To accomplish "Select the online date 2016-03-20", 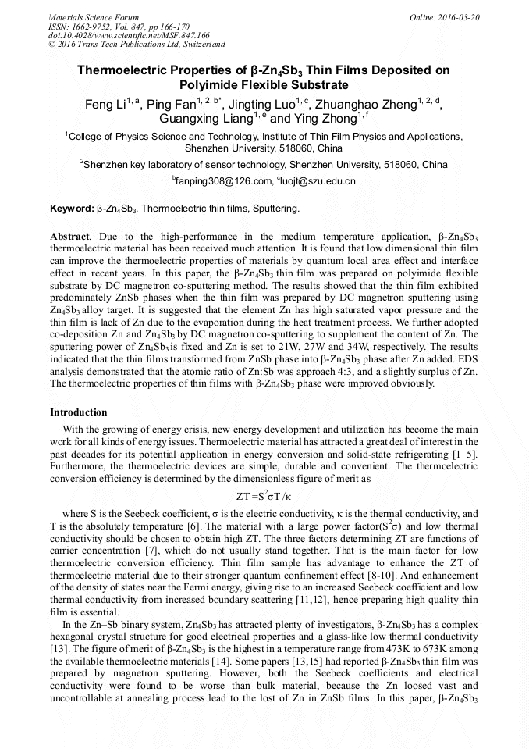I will click(x=459, y=17).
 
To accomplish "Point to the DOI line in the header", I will click(x=129, y=35).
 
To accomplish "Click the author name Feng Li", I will click(x=105, y=104).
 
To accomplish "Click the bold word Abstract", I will click(x=69, y=236).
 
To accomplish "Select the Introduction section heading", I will click(x=78, y=412).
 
